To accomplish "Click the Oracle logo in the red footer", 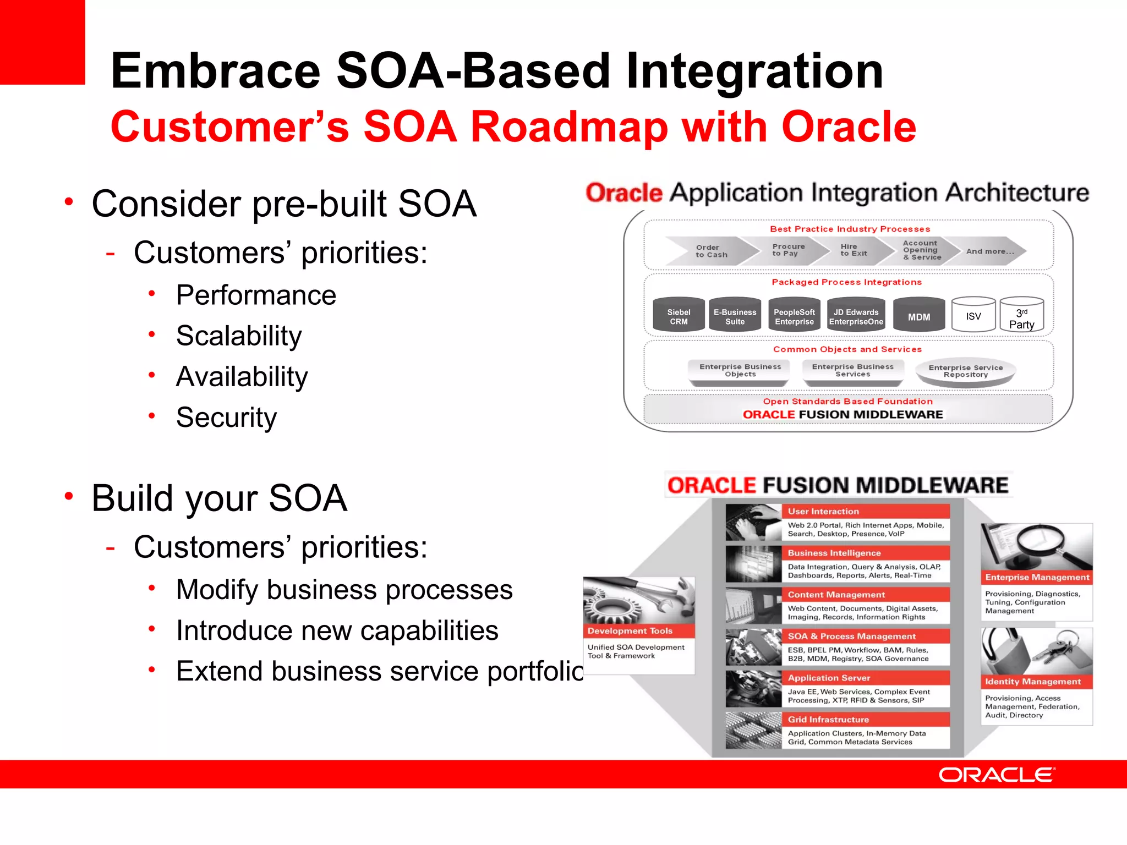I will [996, 775].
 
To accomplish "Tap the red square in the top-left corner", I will [42, 42].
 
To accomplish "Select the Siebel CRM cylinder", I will [679, 316].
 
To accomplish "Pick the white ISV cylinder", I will [973, 316].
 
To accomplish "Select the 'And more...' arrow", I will [989, 251].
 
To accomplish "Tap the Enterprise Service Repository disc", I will [965, 371].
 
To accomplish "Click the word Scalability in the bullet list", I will [239, 336].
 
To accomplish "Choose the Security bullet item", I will [226, 417].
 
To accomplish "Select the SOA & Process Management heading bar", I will [865, 637].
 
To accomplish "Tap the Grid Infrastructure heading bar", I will [865, 720].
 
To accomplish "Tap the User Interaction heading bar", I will [865, 512].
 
